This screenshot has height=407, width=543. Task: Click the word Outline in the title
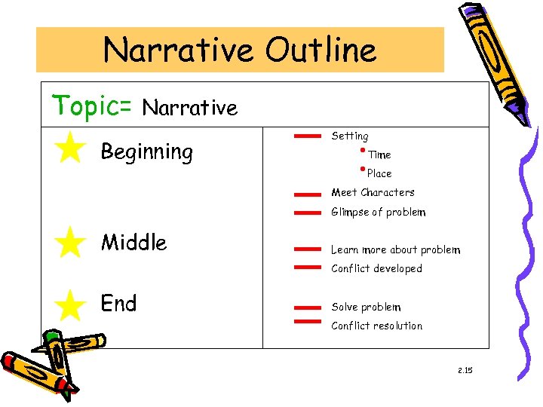pos(320,50)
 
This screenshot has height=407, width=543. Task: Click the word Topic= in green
pos(92,106)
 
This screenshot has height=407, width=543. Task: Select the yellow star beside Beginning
pos(70,147)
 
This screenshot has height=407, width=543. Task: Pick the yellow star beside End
pos(70,305)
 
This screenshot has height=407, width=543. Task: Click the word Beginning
pos(147,153)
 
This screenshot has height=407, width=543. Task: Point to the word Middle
pos(133,243)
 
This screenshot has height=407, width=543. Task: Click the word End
pos(118,304)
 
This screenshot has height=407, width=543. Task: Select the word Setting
pos(350,136)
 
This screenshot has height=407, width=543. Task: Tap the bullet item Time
pos(379,155)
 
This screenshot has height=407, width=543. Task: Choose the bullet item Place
pos(379,173)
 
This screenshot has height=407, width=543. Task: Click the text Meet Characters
pos(373,193)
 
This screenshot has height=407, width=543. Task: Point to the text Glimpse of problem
pos(378,213)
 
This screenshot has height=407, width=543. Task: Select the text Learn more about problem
pos(395,250)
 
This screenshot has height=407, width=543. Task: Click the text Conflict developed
pos(376,269)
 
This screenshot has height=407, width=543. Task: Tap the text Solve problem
pos(366,308)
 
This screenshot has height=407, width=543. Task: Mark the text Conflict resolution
pos(376,326)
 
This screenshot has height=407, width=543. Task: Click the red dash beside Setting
pos(305,136)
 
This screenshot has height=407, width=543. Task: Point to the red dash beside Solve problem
pos(305,308)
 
